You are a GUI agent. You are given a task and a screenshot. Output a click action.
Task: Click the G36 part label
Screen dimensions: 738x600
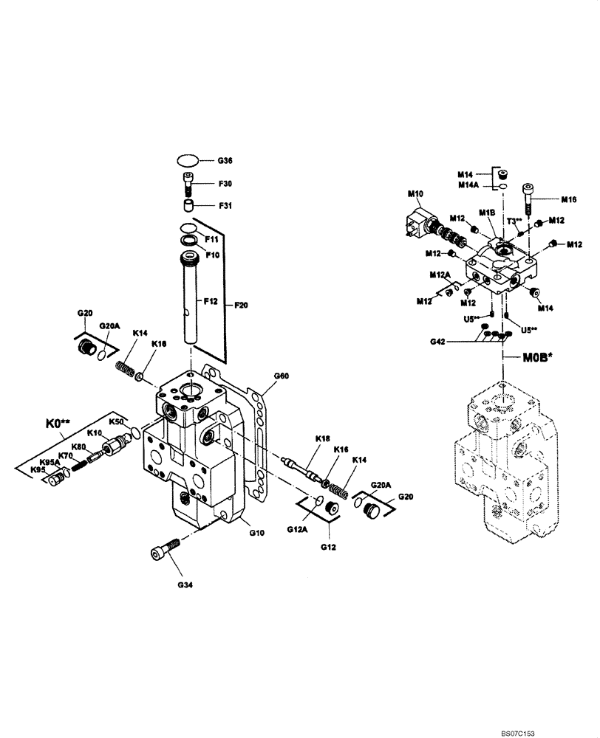225,160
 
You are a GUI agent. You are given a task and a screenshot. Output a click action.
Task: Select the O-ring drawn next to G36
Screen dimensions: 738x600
189,159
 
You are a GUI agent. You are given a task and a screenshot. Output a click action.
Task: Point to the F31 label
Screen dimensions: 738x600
225,206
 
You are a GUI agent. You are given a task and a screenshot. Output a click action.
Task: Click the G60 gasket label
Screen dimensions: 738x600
282,376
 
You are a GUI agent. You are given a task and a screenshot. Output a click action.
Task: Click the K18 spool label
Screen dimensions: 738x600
323,438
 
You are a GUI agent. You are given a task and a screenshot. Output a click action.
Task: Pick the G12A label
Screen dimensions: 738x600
295,529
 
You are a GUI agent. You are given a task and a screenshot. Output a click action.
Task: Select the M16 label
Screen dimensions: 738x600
568,199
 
